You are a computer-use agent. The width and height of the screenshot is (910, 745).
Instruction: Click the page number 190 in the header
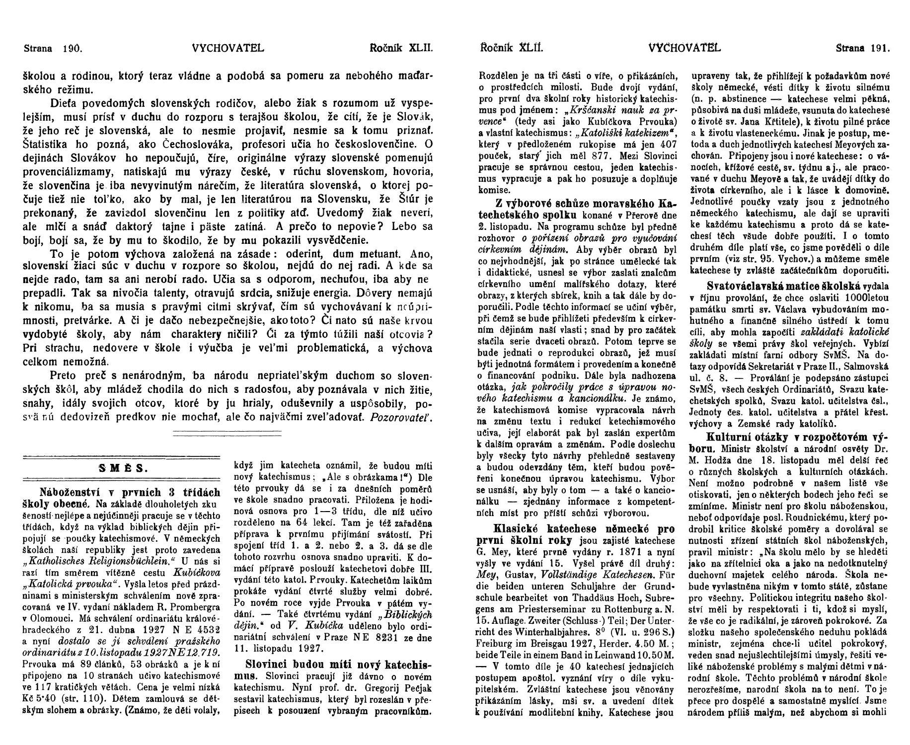pos(72,49)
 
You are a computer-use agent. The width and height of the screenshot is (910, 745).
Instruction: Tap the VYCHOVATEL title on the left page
pos(227,49)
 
